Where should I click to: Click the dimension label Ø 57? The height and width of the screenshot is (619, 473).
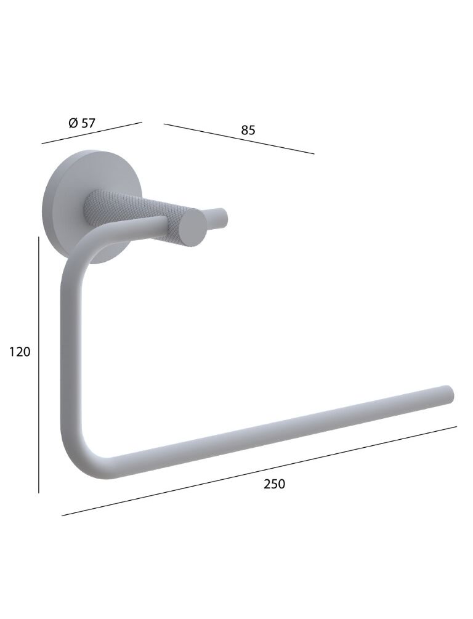82,123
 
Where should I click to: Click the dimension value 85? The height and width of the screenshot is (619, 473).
248,130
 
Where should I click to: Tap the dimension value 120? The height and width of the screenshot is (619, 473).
20,352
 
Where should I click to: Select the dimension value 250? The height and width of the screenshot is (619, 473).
275,483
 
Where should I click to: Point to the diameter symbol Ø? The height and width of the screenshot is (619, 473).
73,124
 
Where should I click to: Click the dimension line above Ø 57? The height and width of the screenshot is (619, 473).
92,132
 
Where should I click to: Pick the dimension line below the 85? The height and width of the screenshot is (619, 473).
239,139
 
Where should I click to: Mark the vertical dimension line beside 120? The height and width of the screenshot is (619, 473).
39,365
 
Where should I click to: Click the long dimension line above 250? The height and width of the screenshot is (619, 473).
259,471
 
